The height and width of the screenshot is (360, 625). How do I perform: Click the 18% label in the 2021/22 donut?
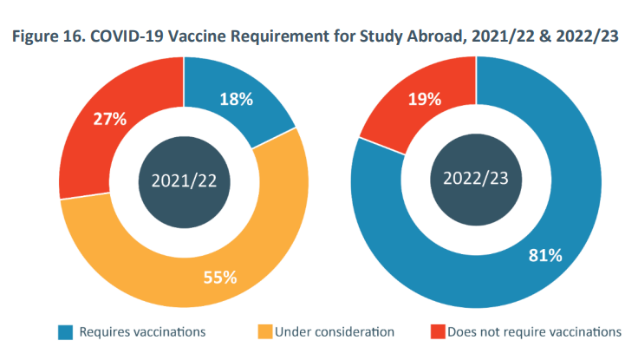pos(236,99)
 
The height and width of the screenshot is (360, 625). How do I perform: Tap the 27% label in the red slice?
pos(110,119)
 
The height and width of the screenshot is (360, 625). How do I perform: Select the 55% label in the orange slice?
pos(220,278)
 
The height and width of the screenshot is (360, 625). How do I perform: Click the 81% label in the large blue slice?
pos(545,255)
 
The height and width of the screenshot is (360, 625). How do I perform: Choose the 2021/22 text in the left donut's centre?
pos(183,181)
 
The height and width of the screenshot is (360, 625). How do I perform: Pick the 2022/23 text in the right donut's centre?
pos(475,181)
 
